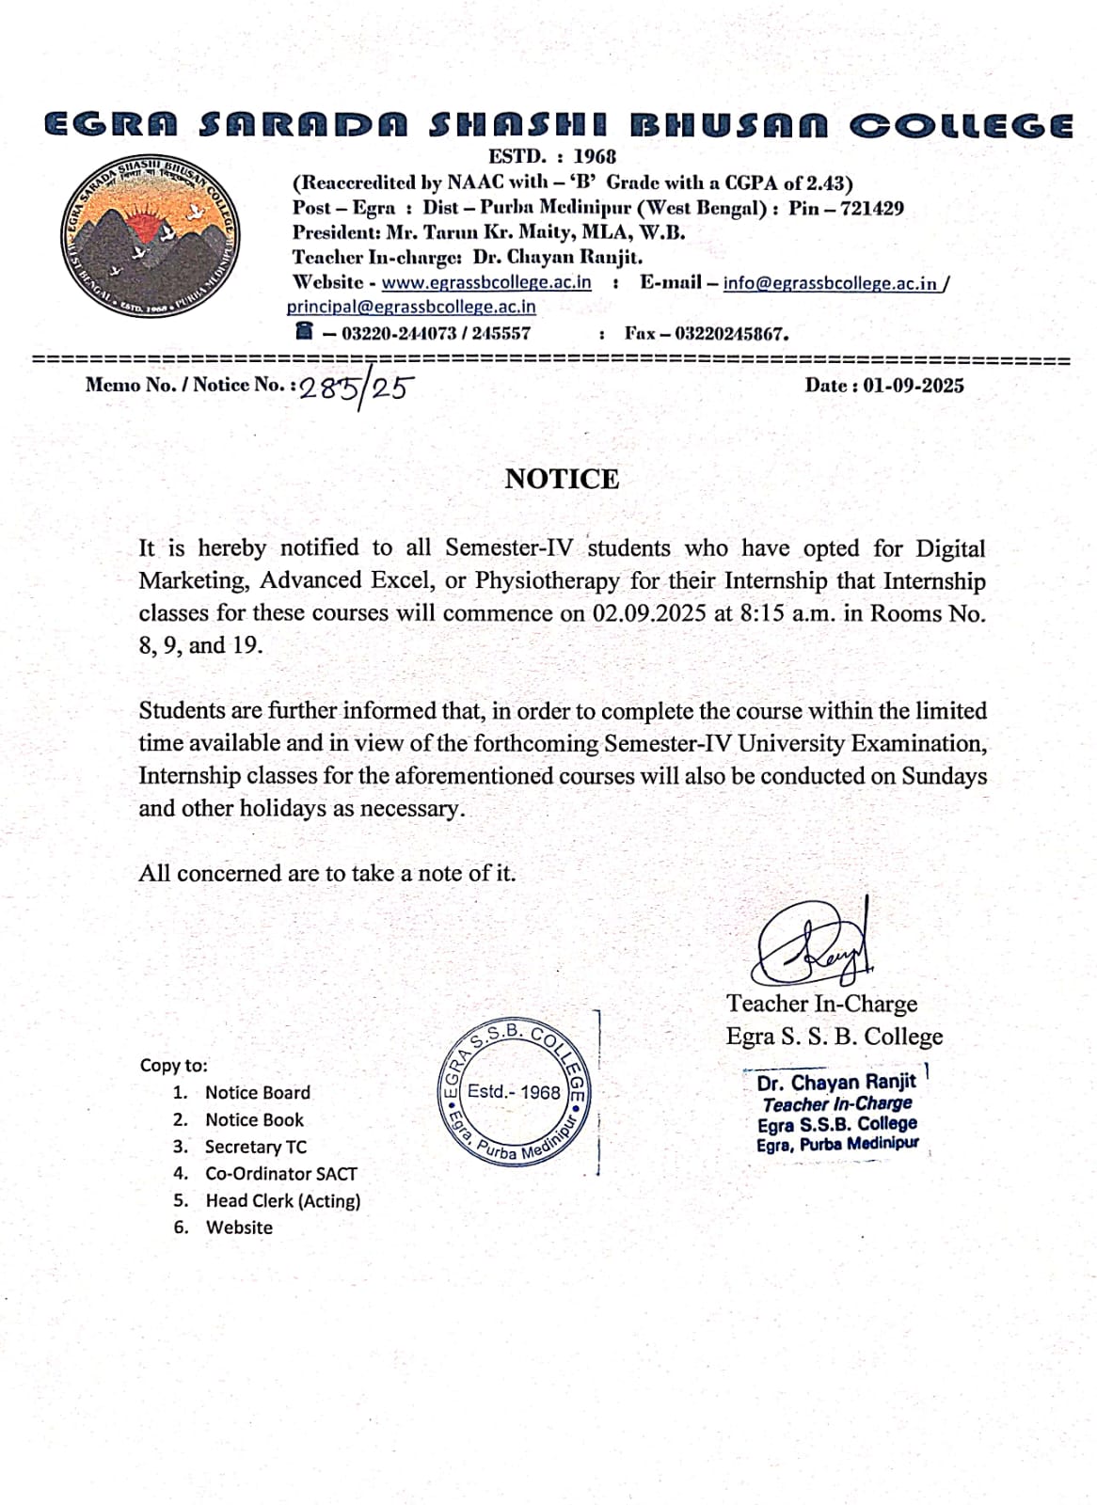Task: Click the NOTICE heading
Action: (562, 479)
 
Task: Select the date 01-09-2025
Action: (913, 386)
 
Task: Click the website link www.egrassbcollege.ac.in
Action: (486, 282)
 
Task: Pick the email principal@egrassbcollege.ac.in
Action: (411, 307)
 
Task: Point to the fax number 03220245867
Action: (731, 333)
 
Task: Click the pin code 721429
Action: (872, 208)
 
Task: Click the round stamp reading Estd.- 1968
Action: (514, 1090)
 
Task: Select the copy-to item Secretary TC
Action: (255, 1147)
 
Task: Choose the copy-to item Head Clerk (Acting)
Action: (282, 1201)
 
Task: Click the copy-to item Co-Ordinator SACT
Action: (280, 1174)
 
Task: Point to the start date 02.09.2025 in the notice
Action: (649, 613)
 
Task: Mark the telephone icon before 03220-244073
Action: (303, 331)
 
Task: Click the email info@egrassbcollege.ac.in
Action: (831, 283)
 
